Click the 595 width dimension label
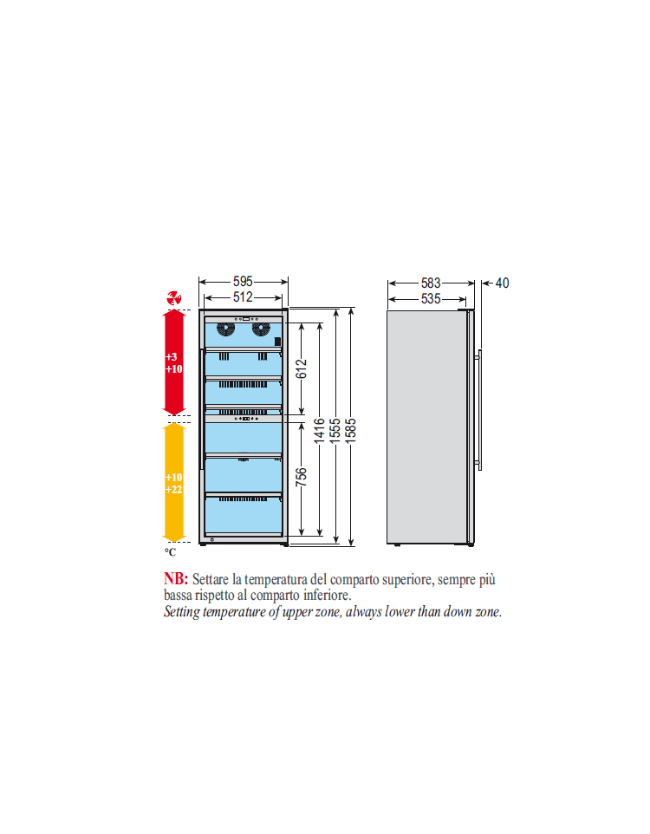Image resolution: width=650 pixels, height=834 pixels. [243, 282]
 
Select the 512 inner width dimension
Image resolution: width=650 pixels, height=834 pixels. [243, 296]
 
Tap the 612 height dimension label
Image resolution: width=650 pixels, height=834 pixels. [301, 368]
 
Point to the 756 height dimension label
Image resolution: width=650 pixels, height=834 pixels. [301, 477]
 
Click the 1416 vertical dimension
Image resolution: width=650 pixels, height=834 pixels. [319, 430]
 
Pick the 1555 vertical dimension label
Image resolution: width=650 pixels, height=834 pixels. [335, 430]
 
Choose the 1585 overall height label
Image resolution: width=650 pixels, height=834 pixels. [350, 430]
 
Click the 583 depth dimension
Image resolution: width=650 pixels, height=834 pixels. [431, 283]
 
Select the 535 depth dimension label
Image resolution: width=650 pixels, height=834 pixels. [431, 299]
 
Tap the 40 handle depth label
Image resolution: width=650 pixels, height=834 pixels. [502, 283]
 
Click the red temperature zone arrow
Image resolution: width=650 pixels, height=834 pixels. [174, 362]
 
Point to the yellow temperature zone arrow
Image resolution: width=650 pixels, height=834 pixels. [174, 482]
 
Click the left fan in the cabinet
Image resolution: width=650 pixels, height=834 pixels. [225, 329]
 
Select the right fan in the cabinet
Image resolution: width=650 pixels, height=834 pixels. [261, 329]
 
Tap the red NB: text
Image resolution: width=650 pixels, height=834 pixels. [176, 579]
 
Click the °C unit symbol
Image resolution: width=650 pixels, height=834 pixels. [170, 552]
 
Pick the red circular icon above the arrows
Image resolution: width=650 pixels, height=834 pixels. [174, 298]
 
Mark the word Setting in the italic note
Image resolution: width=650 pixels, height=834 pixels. [182, 612]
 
